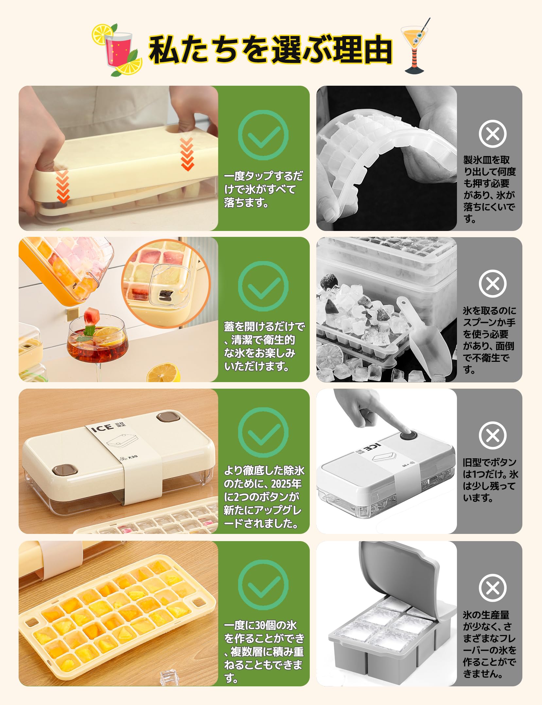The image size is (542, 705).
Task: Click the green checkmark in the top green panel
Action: pos(263,135)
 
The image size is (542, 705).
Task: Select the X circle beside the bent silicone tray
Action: pos(493,134)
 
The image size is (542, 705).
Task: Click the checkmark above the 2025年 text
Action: pos(263,432)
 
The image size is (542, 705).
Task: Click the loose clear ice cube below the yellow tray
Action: pos(169,677)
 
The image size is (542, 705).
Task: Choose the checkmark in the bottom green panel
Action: pos(263,585)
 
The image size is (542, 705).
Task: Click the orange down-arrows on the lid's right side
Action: pos(187,154)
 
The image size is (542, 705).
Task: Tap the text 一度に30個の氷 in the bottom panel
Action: pos(260,625)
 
